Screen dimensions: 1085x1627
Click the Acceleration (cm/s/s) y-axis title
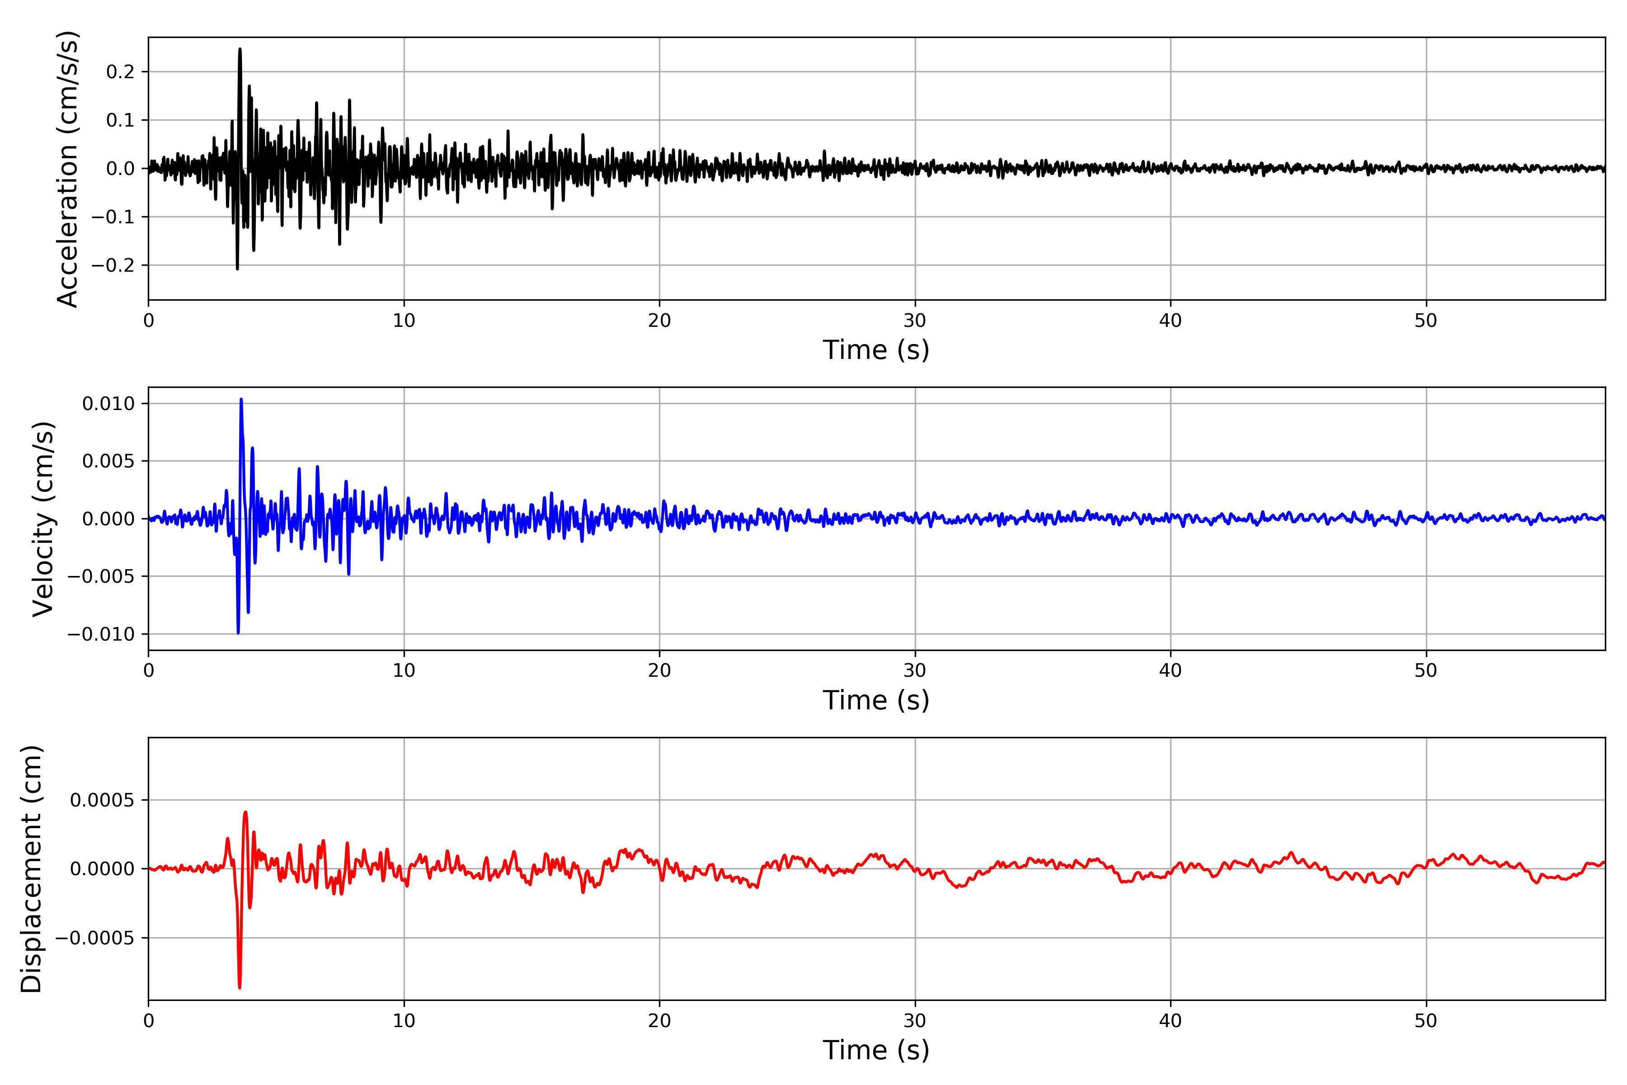click(x=68, y=169)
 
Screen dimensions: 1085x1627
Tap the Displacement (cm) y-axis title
click(x=32, y=869)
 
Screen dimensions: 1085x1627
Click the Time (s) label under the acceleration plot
click(x=876, y=350)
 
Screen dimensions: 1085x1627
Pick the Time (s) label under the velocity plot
click(x=876, y=700)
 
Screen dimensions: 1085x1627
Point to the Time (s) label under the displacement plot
click(x=876, y=1050)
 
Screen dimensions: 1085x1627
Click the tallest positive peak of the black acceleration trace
click(x=240, y=49)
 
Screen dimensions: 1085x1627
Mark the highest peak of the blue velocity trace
click(x=241, y=399)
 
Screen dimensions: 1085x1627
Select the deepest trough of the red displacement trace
click(x=240, y=987)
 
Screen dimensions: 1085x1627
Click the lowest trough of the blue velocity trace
click(x=238, y=632)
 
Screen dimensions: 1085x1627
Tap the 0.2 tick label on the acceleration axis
click(x=120, y=72)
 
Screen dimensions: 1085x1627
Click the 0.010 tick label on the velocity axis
click(x=108, y=403)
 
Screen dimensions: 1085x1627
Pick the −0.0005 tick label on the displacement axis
click(x=95, y=939)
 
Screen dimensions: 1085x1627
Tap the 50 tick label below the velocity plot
click(x=1426, y=670)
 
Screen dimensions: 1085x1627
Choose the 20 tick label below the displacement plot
click(x=659, y=1021)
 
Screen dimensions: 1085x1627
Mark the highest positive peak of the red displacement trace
click(x=245, y=812)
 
